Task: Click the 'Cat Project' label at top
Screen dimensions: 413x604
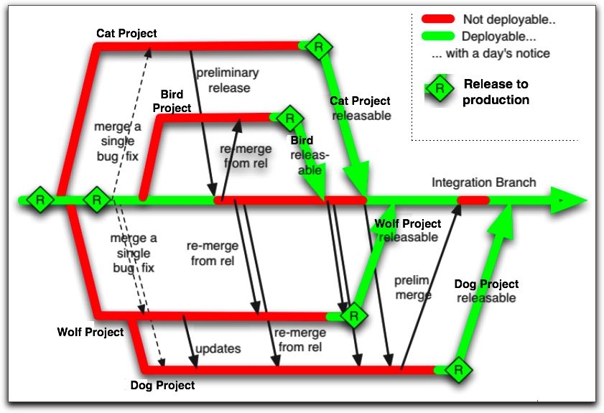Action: click(126, 33)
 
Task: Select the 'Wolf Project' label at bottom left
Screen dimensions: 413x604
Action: click(90, 332)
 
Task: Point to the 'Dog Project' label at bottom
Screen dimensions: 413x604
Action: click(162, 386)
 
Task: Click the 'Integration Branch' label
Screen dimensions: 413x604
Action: click(483, 182)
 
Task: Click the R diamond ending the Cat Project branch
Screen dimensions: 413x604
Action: click(317, 47)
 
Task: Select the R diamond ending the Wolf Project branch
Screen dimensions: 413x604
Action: click(353, 315)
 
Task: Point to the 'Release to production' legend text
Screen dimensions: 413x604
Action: click(496, 92)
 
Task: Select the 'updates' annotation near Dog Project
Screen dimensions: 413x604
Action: click(218, 349)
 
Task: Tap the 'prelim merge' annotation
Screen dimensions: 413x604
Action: click(412, 287)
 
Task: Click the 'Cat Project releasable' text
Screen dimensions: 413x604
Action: click(361, 108)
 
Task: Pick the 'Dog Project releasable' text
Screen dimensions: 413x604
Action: click(486, 291)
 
